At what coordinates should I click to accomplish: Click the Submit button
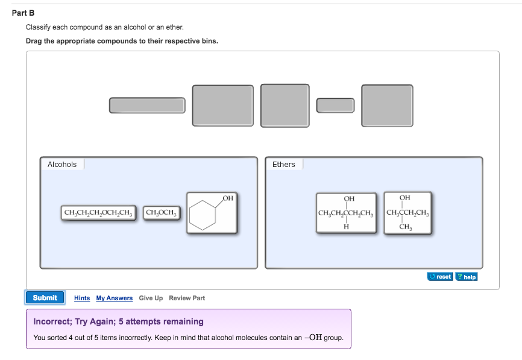(45, 298)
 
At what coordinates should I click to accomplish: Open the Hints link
(82, 298)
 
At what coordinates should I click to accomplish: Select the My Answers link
(115, 298)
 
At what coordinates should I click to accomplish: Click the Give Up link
(151, 298)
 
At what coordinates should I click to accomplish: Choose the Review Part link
(187, 298)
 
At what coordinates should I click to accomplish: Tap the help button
(467, 277)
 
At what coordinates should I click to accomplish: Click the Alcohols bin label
(62, 165)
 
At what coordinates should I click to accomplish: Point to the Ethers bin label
(284, 165)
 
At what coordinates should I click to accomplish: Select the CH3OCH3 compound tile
(162, 212)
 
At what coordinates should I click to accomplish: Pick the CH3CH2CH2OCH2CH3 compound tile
(99, 212)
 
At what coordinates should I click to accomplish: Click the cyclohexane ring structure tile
(212, 213)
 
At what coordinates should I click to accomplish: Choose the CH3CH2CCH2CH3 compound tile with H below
(347, 213)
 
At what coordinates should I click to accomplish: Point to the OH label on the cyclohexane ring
(228, 198)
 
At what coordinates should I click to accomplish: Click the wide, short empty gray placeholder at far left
(147, 106)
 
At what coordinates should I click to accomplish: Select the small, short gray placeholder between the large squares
(335, 105)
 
